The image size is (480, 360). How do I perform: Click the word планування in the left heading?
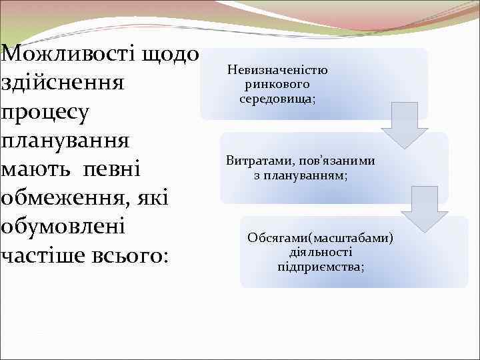67,143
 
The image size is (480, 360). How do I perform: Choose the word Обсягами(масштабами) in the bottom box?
321,238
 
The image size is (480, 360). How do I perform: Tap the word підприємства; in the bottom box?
321,266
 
